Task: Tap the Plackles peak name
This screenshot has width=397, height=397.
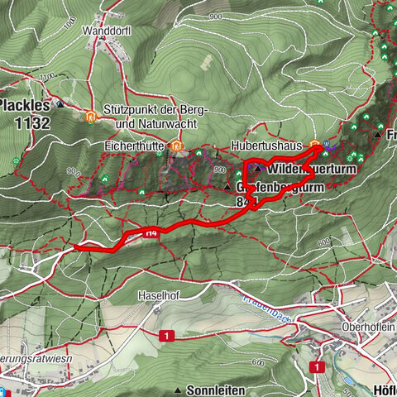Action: click(25, 106)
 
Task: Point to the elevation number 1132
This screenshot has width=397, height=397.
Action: click(26, 123)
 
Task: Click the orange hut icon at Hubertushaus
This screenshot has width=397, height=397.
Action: click(315, 147)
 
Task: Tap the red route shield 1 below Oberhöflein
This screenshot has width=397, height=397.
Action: click(317, 366)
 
